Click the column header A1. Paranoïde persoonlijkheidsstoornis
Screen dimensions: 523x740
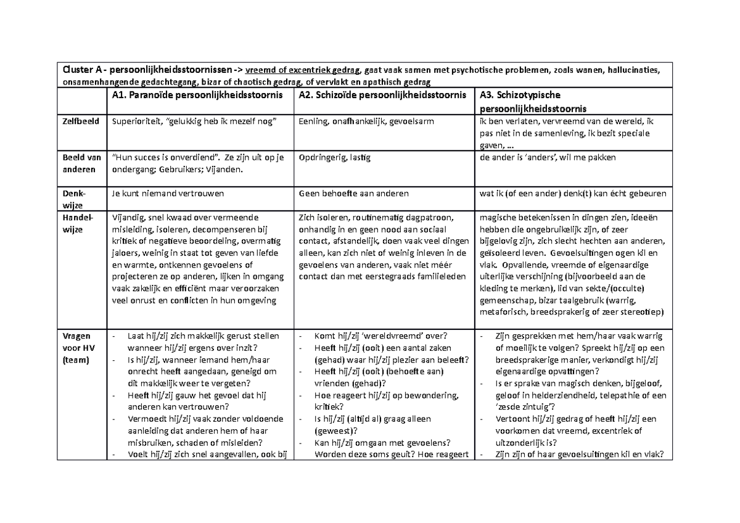(x=197, y=95)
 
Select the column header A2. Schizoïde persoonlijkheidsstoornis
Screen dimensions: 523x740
(x=382, y=95)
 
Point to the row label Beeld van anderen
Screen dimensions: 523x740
(x=81, y=163)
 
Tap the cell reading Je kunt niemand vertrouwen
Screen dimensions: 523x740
(x=167, y=193)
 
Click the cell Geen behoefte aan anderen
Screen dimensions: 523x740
(x=353, y=193)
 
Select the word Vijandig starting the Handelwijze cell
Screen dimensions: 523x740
(x=128, y=217)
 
